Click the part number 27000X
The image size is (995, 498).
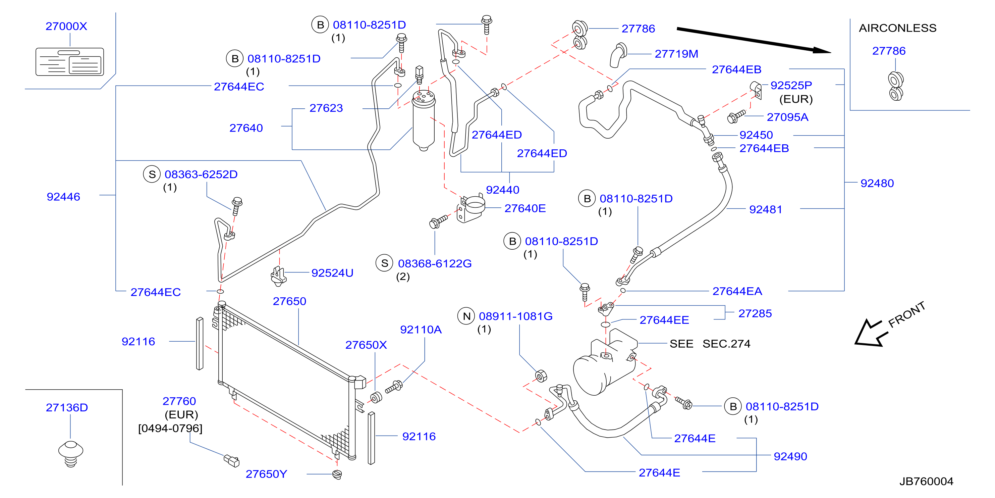click(66, 26)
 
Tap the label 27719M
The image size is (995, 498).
click(676, 54)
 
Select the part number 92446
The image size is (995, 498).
click(63, 197)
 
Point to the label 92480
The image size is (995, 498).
click(877, 183)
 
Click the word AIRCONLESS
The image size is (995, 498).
click(898, 28)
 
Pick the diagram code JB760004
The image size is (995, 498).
click(926, 481)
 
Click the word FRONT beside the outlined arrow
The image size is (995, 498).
click(906, 314)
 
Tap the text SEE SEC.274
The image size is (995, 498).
click(710, 344)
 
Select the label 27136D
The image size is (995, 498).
click(67, 407)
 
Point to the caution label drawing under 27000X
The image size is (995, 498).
click(69, 61)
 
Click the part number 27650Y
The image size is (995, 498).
click(267, 474)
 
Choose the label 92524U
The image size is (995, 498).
click(332, 273)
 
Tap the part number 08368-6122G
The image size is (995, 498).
click(435, 264)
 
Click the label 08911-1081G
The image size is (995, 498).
click(516, 316)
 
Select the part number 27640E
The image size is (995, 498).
click(525, 208)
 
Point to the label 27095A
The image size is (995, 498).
click(787, 117)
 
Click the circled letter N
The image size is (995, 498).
click(466, 316)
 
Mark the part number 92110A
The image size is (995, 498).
click(421, 330)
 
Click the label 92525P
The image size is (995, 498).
click(791, 86)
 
